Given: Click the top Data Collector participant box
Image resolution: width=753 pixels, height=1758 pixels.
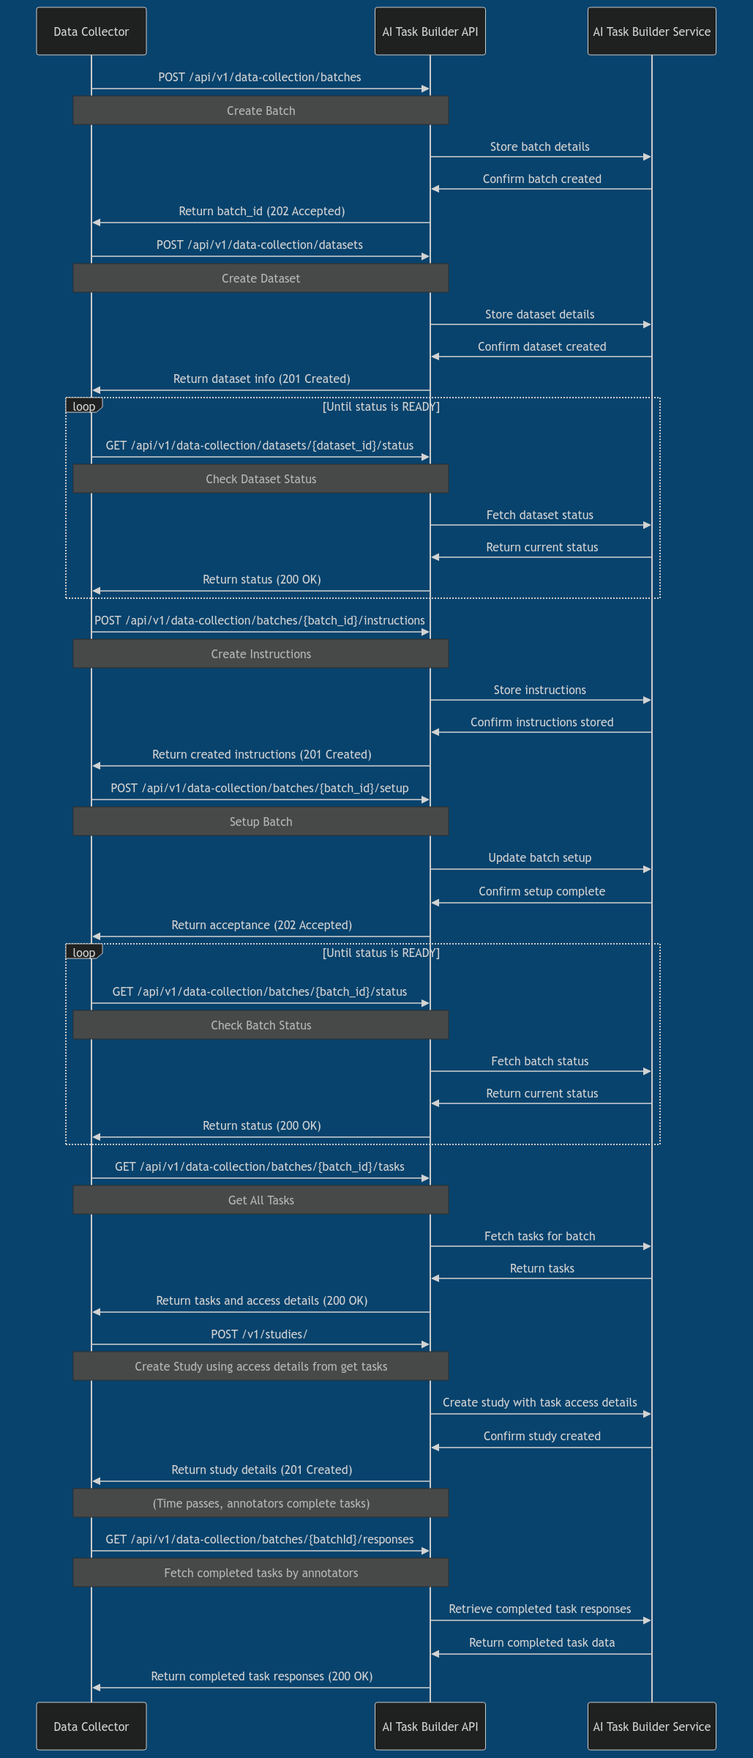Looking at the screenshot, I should point(91,31).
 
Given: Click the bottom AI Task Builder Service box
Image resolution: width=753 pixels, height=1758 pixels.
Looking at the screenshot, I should point(651,1726).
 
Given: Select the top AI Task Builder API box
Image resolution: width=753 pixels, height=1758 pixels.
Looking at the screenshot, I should point(430,31).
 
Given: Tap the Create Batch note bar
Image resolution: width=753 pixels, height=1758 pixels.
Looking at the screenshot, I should point(261,111).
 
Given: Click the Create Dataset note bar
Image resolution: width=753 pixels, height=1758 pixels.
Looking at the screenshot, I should point(261,278).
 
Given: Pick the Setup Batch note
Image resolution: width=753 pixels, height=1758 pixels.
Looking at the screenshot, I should point(261,822).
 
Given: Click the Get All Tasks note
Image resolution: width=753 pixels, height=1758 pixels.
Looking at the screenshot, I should point(261,1200).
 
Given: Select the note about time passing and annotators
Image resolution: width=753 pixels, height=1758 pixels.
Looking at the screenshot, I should point(261,1503).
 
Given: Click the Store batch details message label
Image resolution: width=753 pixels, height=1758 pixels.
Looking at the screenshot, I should point(539,146).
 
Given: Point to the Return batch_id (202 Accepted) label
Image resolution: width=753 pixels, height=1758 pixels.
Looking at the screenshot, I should point(261,211).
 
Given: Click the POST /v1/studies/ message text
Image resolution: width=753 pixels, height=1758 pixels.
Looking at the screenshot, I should point(259,1334).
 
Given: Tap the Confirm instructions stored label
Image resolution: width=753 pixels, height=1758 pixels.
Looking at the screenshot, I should point(542,722).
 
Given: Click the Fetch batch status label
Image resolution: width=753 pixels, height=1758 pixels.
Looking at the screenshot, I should point(539,1061).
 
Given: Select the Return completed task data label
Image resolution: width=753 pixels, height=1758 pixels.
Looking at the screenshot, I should point(542,1642).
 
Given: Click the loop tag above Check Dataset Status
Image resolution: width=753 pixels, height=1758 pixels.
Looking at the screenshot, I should point(83,406).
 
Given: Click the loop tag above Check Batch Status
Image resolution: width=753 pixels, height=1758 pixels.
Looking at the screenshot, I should point(83,953).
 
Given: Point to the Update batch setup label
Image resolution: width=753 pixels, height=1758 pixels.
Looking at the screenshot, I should point(539,857).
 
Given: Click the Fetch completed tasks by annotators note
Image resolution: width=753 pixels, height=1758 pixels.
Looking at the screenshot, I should point(261,1573).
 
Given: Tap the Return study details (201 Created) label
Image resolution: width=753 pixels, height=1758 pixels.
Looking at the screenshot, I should point(261,1470).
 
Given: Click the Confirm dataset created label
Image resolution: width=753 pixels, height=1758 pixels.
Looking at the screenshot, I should point(542,346).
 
